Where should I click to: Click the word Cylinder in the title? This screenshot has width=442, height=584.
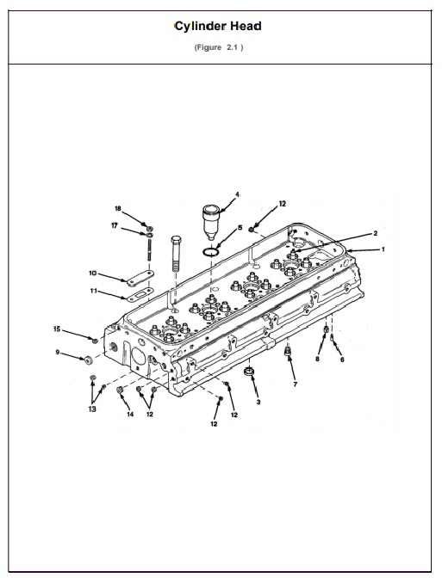[x=201, y=27]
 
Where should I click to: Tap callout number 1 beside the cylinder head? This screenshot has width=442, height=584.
[x=383, y=249]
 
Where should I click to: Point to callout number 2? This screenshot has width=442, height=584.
[x=375, y=233]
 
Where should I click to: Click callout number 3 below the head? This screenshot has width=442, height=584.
[x=258, y=402]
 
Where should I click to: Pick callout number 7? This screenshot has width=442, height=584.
[x=295, y=384]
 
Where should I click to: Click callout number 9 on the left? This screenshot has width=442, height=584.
[x=59, y=353]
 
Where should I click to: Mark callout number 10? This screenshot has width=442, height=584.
[x=92, y=274]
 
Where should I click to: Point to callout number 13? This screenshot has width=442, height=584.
[x=92, y=409]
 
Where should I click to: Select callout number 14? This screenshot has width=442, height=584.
[x=130, y=415]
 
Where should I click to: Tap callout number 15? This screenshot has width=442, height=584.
[x=58, y=329]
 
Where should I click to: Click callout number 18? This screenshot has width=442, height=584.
[x=118, y=208]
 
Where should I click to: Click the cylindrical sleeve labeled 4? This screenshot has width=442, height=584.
[x=212, y=221]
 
